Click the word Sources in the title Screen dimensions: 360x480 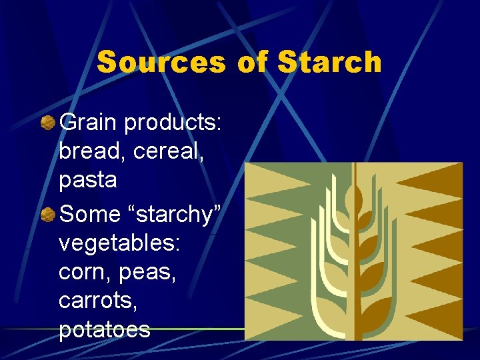[x=162, y=63]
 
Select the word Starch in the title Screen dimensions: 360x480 [x=329, y=63]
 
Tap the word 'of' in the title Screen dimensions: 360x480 [x=251, y=63]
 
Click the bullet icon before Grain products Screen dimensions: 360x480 [x=48, y=123]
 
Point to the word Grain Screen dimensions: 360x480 [x=88, y=123]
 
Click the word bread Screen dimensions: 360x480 [x=91, y=151]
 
